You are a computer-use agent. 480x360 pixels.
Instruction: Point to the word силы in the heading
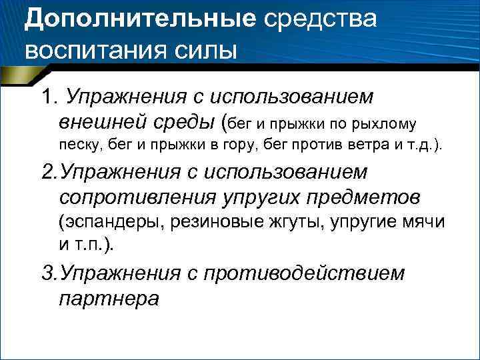207,49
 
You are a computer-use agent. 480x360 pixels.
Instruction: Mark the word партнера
109,298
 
